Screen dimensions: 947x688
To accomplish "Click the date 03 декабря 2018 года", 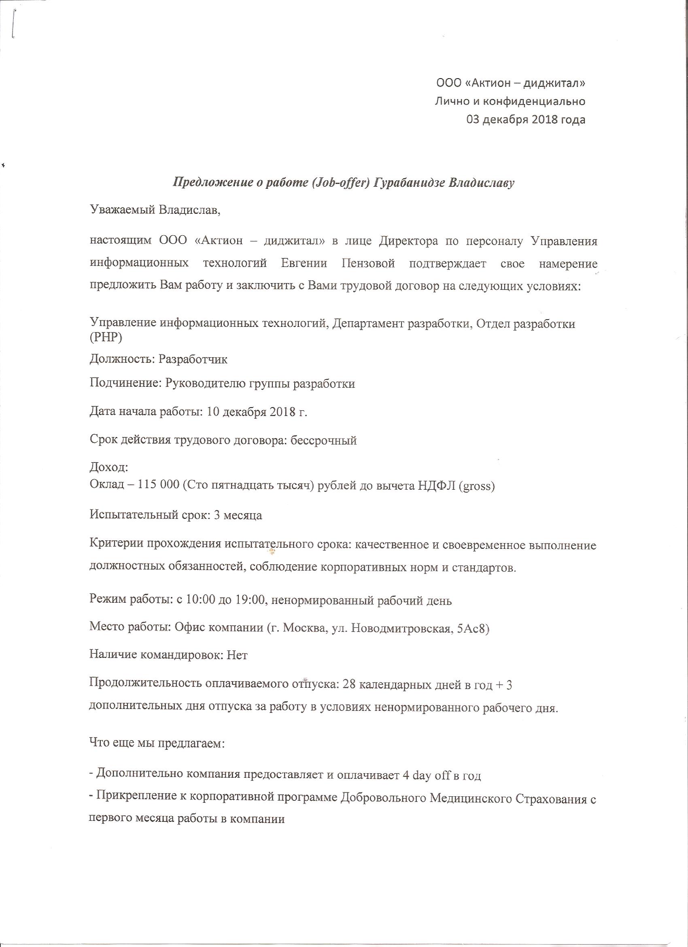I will point(525,120).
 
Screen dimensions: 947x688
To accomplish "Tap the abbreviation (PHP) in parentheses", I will point(106,338).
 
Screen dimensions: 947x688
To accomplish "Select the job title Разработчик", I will point(193,360).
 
